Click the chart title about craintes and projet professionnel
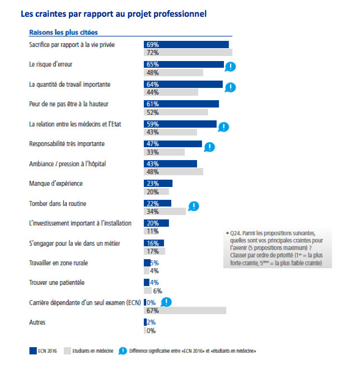(x=113, y=12)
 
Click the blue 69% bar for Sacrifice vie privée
(x=186, y=44)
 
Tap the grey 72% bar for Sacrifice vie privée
(x=188, y=53)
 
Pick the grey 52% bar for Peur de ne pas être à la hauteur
(x=175, y=113)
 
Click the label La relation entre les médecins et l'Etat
(x=79, y=124)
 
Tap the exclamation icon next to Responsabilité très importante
(x=209, y=147)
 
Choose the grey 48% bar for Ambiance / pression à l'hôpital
(x=174, y=172)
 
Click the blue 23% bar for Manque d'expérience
(x=158, y=183)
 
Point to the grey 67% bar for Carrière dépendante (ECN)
(x=185, y=310)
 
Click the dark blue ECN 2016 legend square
(x=32, y=351)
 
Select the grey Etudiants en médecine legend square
(x=68, y=351)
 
